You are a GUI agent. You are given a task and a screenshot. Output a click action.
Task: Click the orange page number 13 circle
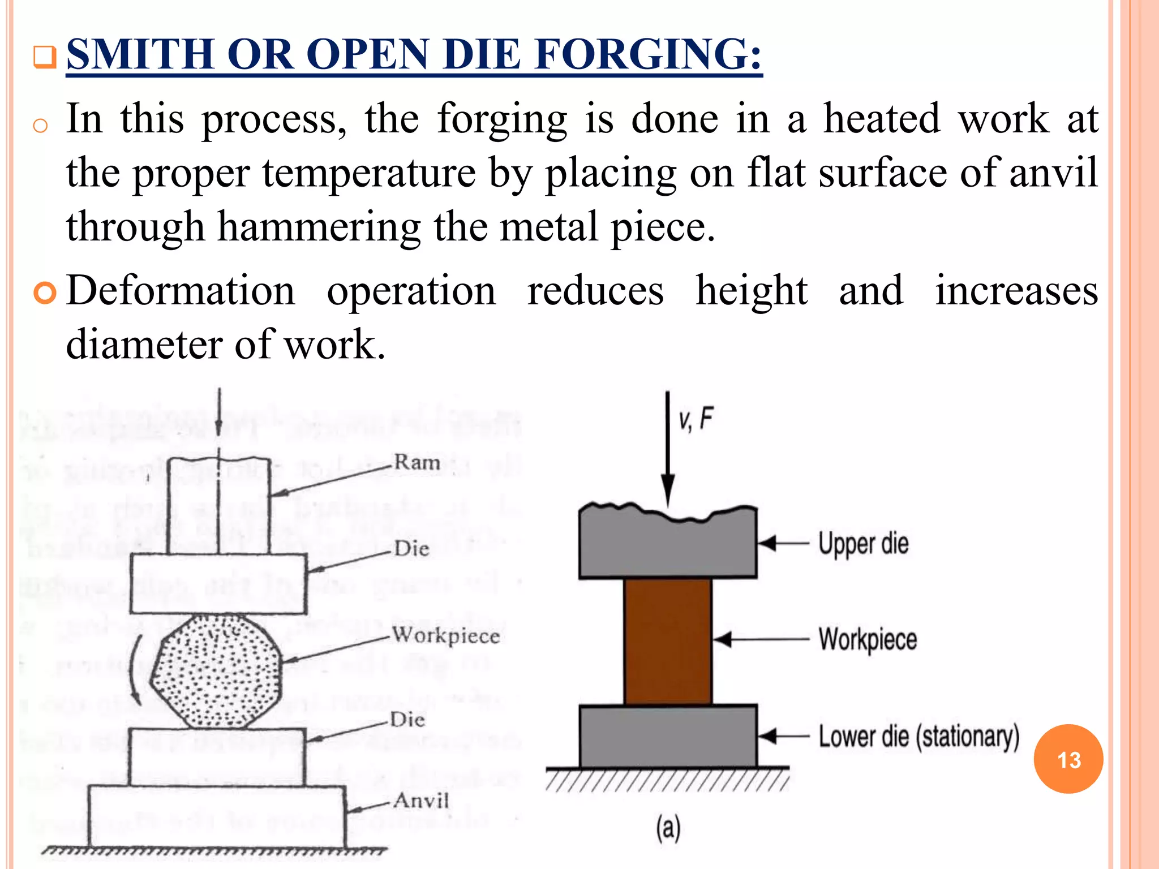[x=1068, y=759]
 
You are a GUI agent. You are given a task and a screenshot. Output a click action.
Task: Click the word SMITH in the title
[x=139, y=54]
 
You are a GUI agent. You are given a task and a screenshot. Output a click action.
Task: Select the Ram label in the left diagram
[x=417, y=462]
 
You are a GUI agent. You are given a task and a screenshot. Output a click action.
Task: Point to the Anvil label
[x=422, y=801]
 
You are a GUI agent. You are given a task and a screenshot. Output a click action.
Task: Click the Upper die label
[x=864, y=544]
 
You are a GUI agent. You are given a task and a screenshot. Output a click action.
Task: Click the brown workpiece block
[x=668, y=642]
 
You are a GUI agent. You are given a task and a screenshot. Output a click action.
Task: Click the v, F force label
[x=696, y=420]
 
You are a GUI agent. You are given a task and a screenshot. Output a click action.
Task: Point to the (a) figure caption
[x=668, y=828]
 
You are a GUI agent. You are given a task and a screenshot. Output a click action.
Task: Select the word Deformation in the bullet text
[x=181, y=291]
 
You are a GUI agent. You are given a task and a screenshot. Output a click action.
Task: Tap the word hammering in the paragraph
[x=319, y=227]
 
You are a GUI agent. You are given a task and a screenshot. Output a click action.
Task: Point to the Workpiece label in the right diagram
[x=868, y=640]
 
